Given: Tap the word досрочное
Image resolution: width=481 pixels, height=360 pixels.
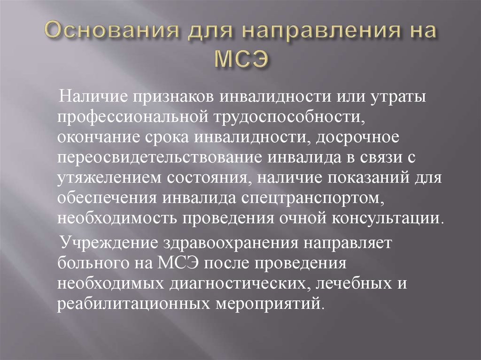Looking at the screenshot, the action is [357, 138].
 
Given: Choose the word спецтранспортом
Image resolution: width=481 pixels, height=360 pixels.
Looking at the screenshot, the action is [312, 198].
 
